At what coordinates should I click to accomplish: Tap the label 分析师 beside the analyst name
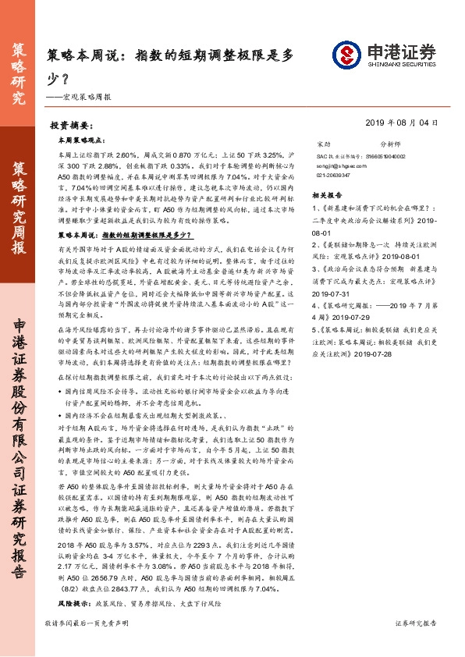[389, 145]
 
